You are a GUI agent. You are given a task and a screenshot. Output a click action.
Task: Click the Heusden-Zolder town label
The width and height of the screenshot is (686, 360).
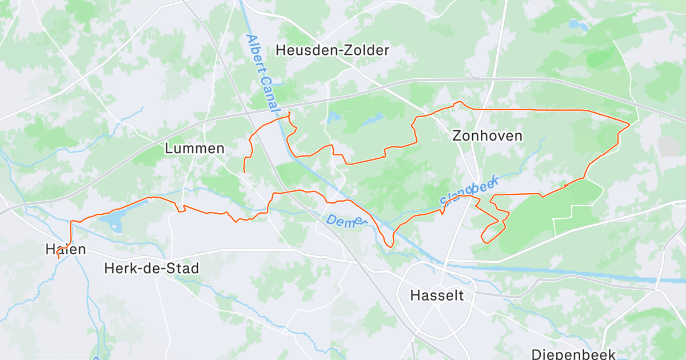tap(332, 50)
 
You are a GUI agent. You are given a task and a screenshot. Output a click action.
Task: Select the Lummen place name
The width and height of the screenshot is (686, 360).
tap(194, 149)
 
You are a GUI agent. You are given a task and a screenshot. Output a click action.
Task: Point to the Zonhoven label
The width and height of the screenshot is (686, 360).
tap(487, 135)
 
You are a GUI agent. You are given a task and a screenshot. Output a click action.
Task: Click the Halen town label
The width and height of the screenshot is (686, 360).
tap(66, 249)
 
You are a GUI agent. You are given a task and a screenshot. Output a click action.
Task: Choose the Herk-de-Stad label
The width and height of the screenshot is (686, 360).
tap(151, 268)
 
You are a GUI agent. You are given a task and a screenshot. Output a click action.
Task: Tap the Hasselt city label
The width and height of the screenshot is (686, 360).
tap(437, 295)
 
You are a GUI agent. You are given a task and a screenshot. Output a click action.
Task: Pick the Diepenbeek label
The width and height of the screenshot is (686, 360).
tap(573, 354)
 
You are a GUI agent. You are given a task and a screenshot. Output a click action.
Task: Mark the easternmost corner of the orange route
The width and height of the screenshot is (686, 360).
tap(629, 123)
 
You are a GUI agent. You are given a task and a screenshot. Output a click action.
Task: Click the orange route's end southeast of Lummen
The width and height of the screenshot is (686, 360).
tap(245, 172)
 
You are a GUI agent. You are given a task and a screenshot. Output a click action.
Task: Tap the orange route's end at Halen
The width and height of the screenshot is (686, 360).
tap(58, 258)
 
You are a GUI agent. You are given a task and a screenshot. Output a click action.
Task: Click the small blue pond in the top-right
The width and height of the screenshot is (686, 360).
tap(575, 25)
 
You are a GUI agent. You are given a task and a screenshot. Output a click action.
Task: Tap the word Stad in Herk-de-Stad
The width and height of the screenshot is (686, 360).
tap(184, 268)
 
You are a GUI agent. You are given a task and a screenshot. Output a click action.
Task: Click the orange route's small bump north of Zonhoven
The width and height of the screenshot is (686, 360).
tap(457, 103)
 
